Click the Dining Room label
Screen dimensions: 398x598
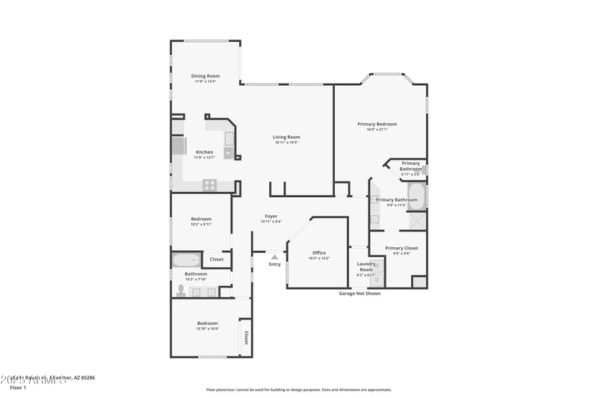[x=205, y=75]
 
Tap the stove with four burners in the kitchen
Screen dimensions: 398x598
[x=210, y=184]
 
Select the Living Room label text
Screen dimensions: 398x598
[x=286, y=137]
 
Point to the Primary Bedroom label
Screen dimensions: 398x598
[x=377, y=124]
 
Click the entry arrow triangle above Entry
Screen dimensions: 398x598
[x=274, y=257]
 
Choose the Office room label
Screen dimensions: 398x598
[x=318, y=252]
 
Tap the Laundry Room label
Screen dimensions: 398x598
[x=366, y=266]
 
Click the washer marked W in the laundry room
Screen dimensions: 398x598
[x=376, y=265]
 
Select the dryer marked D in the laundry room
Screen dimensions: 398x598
[x=376, y=280]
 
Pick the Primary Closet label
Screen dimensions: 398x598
[x=401, y=248]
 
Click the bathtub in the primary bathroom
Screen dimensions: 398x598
[x=416, y=197]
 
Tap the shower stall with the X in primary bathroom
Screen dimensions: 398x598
[x=418, y=221]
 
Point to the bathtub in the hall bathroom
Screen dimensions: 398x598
[x=185, y=261]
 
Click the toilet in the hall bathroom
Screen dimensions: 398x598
[x=181, y=289]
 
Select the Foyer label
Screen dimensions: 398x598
[x=271, y=216]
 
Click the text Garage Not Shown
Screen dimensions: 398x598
[x=360, y=293]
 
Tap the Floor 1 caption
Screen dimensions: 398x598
[x=17, y=388]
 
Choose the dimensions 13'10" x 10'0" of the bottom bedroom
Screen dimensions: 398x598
[x=207, y=329]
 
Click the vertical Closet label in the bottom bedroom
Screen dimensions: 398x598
[x=245, y=338]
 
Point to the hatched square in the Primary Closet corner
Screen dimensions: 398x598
[x=419, y=282]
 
